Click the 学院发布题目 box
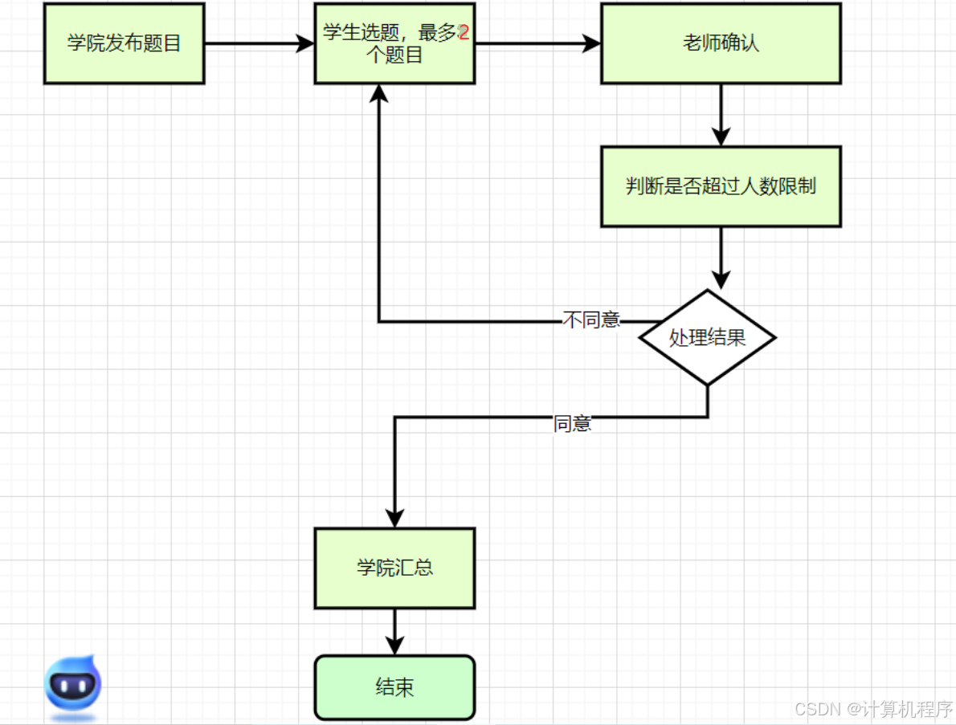125,43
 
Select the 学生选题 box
394,43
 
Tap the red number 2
464,32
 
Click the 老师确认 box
721,43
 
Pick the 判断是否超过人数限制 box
721,186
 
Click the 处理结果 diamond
707,337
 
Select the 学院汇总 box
394,568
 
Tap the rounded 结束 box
394,688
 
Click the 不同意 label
590,320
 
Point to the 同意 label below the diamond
572,423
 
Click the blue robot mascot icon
73,686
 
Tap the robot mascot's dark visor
73,686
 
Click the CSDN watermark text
874,709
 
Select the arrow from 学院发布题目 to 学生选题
259,43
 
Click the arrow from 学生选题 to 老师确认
537,43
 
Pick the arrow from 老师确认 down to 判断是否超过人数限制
721,115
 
